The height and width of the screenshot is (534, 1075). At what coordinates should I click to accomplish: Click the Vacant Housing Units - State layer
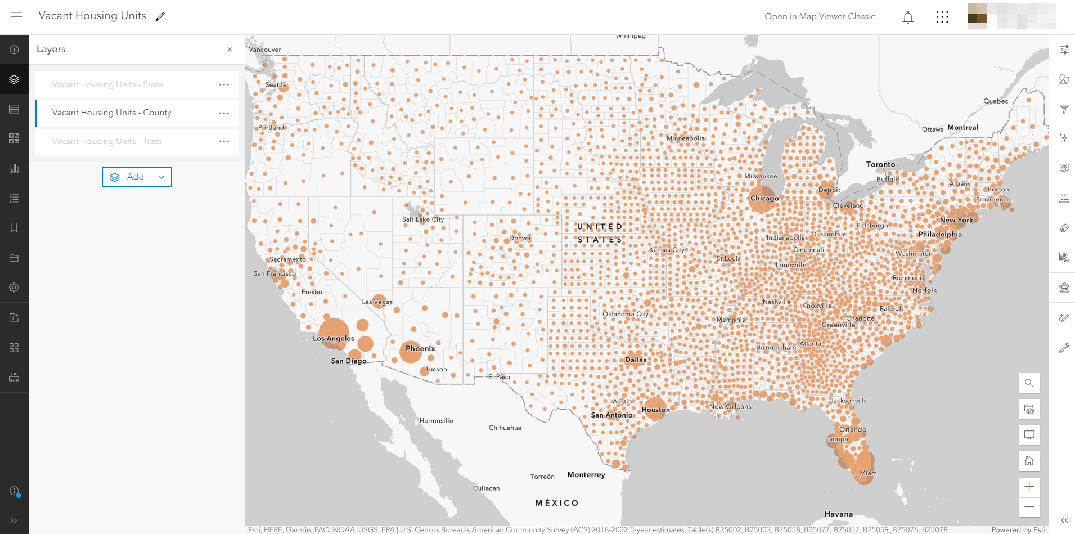coord(107,84)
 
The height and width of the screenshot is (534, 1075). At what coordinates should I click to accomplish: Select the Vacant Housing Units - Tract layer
coord(107,141)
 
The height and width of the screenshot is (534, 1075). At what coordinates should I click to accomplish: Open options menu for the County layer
coord(224,113)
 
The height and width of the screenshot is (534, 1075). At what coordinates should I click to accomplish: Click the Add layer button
coord(127,177)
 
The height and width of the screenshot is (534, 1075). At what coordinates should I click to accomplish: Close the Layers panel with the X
coord(230,50)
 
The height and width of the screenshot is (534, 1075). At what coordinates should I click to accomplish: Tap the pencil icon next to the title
coord(160,16)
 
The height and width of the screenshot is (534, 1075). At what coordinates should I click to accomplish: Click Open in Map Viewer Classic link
coord(820,16)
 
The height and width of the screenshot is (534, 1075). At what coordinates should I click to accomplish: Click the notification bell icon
coord(908,17)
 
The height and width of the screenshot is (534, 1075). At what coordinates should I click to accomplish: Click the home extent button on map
coord(1029,461)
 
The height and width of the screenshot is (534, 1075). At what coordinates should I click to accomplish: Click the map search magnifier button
coord(1029,383)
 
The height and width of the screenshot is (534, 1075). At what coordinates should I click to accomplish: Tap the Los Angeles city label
coord(334,338)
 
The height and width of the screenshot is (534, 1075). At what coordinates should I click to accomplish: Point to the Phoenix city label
coord(420,348)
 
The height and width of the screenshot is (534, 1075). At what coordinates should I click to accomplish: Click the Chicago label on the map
coord(764,198)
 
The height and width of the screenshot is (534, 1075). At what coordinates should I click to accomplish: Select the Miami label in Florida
coord(869,473)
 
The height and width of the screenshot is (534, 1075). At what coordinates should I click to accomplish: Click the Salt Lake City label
coord(422,219)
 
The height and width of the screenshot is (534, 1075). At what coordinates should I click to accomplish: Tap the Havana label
coord(838,514)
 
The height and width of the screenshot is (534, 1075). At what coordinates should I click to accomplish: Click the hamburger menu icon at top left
coord(16,16)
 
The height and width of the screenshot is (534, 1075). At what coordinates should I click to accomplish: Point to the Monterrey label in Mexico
coord(586,474)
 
